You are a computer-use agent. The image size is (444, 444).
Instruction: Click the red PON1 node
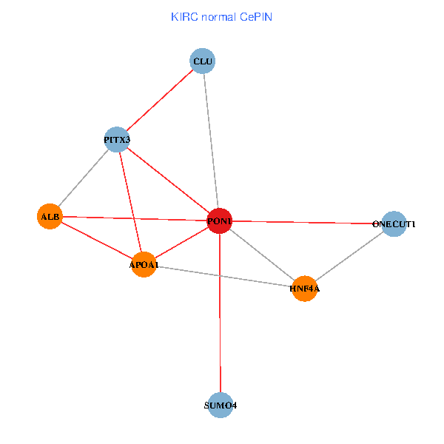[x=220, y=221]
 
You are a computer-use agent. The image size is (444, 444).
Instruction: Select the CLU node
[x=203, y=61]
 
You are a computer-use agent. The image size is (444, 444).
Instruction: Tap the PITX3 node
[x=117, y=139]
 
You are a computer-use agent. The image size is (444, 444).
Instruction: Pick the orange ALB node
[x=50, y=216]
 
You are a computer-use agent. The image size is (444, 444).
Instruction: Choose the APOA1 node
[x=144, y=264]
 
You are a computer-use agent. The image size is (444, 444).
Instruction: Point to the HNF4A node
[x=305, y=288]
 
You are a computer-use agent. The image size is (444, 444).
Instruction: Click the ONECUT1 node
[x=394, y=223]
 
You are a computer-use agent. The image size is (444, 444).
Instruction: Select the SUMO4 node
[x=220, y=406]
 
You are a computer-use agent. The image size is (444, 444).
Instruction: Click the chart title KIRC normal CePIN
[x=221, y=16]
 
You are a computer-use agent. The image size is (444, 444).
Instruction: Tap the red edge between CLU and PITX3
[x=160, y=100]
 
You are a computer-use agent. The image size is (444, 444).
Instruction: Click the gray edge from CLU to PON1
[x=211, y=141]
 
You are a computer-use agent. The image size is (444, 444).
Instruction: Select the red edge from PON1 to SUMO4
[x=220, y=318]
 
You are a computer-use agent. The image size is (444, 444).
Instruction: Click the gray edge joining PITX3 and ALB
[x=83, y=178]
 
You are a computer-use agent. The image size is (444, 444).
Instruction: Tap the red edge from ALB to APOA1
[x=96, y=240]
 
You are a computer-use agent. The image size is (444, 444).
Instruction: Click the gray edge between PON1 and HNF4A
[x=263, y=255]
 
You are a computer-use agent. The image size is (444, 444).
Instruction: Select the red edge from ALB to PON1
[x=133, y=218]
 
